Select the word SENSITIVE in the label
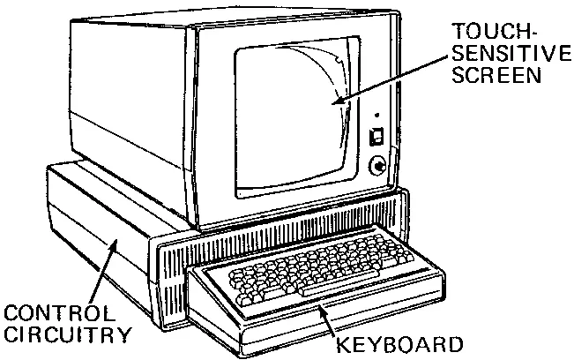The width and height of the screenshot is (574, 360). point(511,54)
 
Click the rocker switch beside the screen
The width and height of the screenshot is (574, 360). point(376,136)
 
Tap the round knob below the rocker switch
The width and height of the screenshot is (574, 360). point(377,164)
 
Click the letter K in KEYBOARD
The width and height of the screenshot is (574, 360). point(342,342)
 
